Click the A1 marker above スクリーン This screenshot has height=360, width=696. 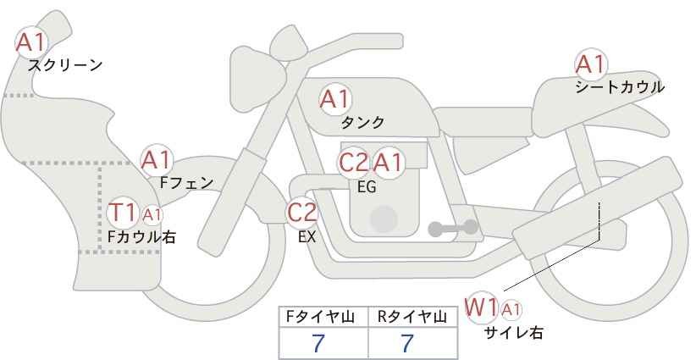point(30,42)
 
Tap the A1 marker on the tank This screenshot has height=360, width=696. point(335,99)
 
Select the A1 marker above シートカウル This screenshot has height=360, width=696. point(590,64)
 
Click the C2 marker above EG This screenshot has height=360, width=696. point(353,163)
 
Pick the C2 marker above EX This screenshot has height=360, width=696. point(301,212)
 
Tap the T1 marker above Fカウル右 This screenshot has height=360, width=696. point(123,213)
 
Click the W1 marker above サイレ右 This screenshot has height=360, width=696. point(480,307)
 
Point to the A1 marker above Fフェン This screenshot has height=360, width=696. point(157,160)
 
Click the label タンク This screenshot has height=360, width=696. point(362,123)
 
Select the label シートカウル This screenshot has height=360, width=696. point(620,87)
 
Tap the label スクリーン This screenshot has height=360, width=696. point(65,66)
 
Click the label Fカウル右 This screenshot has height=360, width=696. point(141,236)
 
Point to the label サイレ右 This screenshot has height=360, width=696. point(514,332)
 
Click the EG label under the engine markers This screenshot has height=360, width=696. point(367,187)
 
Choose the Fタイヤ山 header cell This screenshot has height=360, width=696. point(323,317)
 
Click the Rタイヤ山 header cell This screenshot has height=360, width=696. point(413,317)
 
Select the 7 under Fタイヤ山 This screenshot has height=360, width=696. point(318,343)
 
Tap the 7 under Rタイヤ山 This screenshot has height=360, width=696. point(407,343)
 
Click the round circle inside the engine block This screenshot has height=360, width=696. point(384,219)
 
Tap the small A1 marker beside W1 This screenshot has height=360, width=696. point(511,310)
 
